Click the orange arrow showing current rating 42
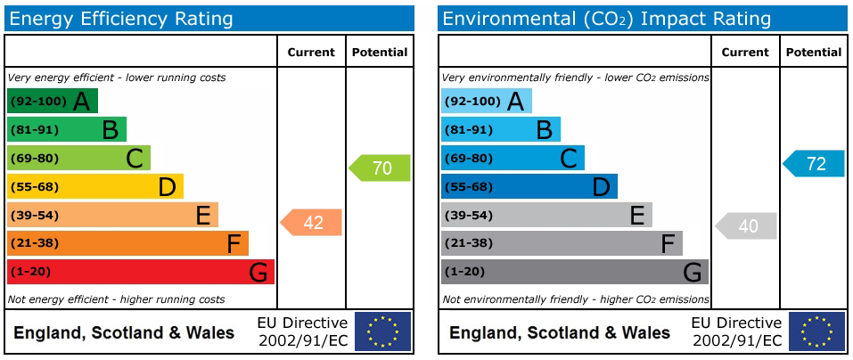click(312, 222)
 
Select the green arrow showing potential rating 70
click(381, 168)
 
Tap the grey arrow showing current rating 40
click(747, 226)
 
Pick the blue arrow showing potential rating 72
click(815, 163)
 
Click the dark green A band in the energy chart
click(52, 101)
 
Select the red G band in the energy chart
click(140, 272)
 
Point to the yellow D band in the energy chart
click(94, 186)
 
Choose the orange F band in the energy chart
click(127, 243)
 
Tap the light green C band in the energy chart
click(78, 158)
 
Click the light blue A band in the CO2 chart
click(486, 101)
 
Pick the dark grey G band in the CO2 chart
click(574, 272)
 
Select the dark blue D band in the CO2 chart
click(529, 186)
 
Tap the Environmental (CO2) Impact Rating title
click(606, 18)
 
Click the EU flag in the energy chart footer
click(382, 331)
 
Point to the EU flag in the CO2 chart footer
click(816, 331)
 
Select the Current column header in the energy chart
click(311, 53)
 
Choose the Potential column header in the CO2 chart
click(814, 53)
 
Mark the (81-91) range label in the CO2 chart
click(468, 129)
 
